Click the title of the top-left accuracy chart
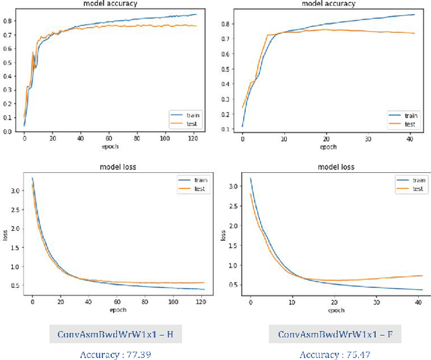point(111,3)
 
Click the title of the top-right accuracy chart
point(328,3)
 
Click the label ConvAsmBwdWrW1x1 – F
point(326,332)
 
